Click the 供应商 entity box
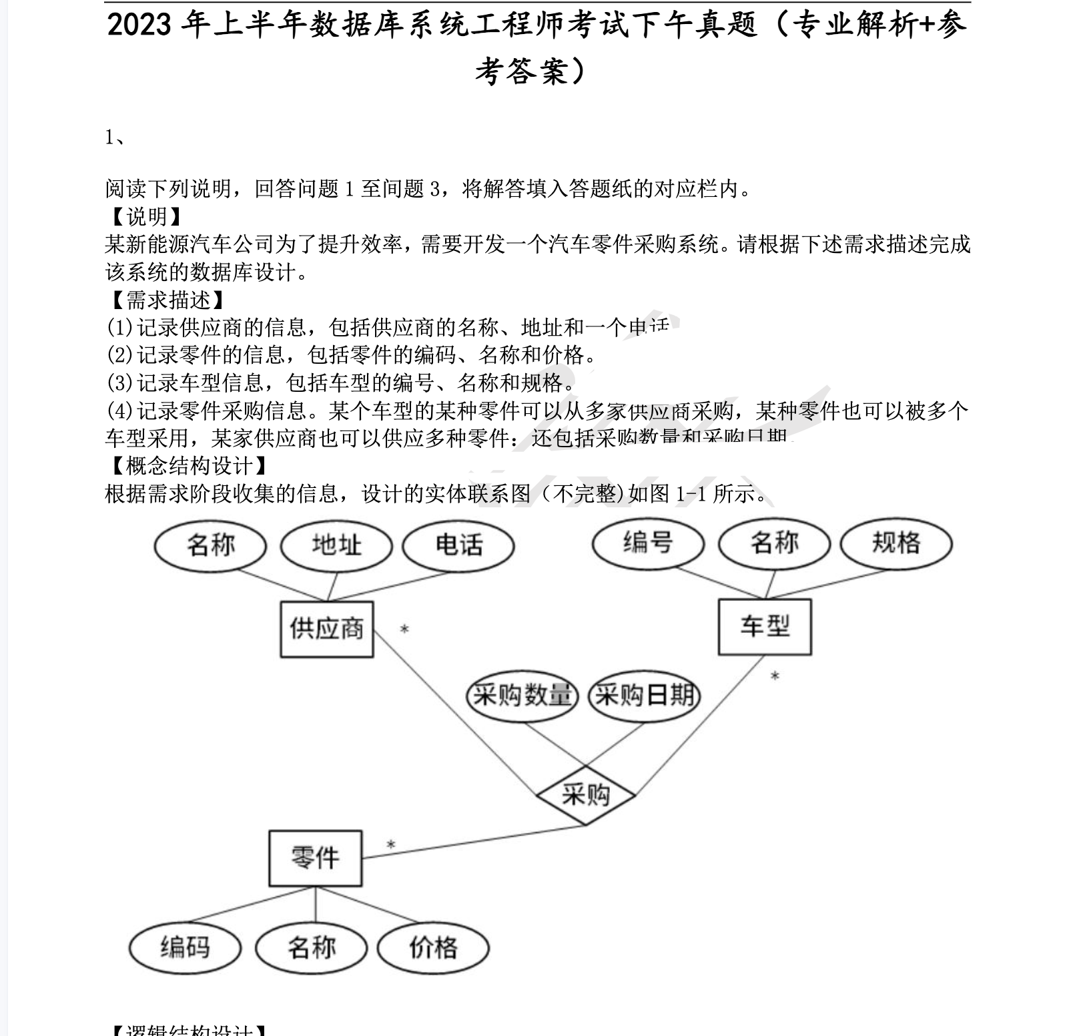326,629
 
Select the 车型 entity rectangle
765,627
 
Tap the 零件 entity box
315,858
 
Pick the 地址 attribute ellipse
336,545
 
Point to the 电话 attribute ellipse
458,545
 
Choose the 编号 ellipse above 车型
648,543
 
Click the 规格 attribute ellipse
896,543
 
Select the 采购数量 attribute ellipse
522,696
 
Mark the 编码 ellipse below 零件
185,947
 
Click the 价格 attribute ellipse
433,947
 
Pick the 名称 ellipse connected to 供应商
211,545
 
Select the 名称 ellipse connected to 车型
774,543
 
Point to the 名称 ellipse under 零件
312,947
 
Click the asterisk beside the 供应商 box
404,629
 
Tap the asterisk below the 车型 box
775,677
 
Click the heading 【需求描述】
165,300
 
